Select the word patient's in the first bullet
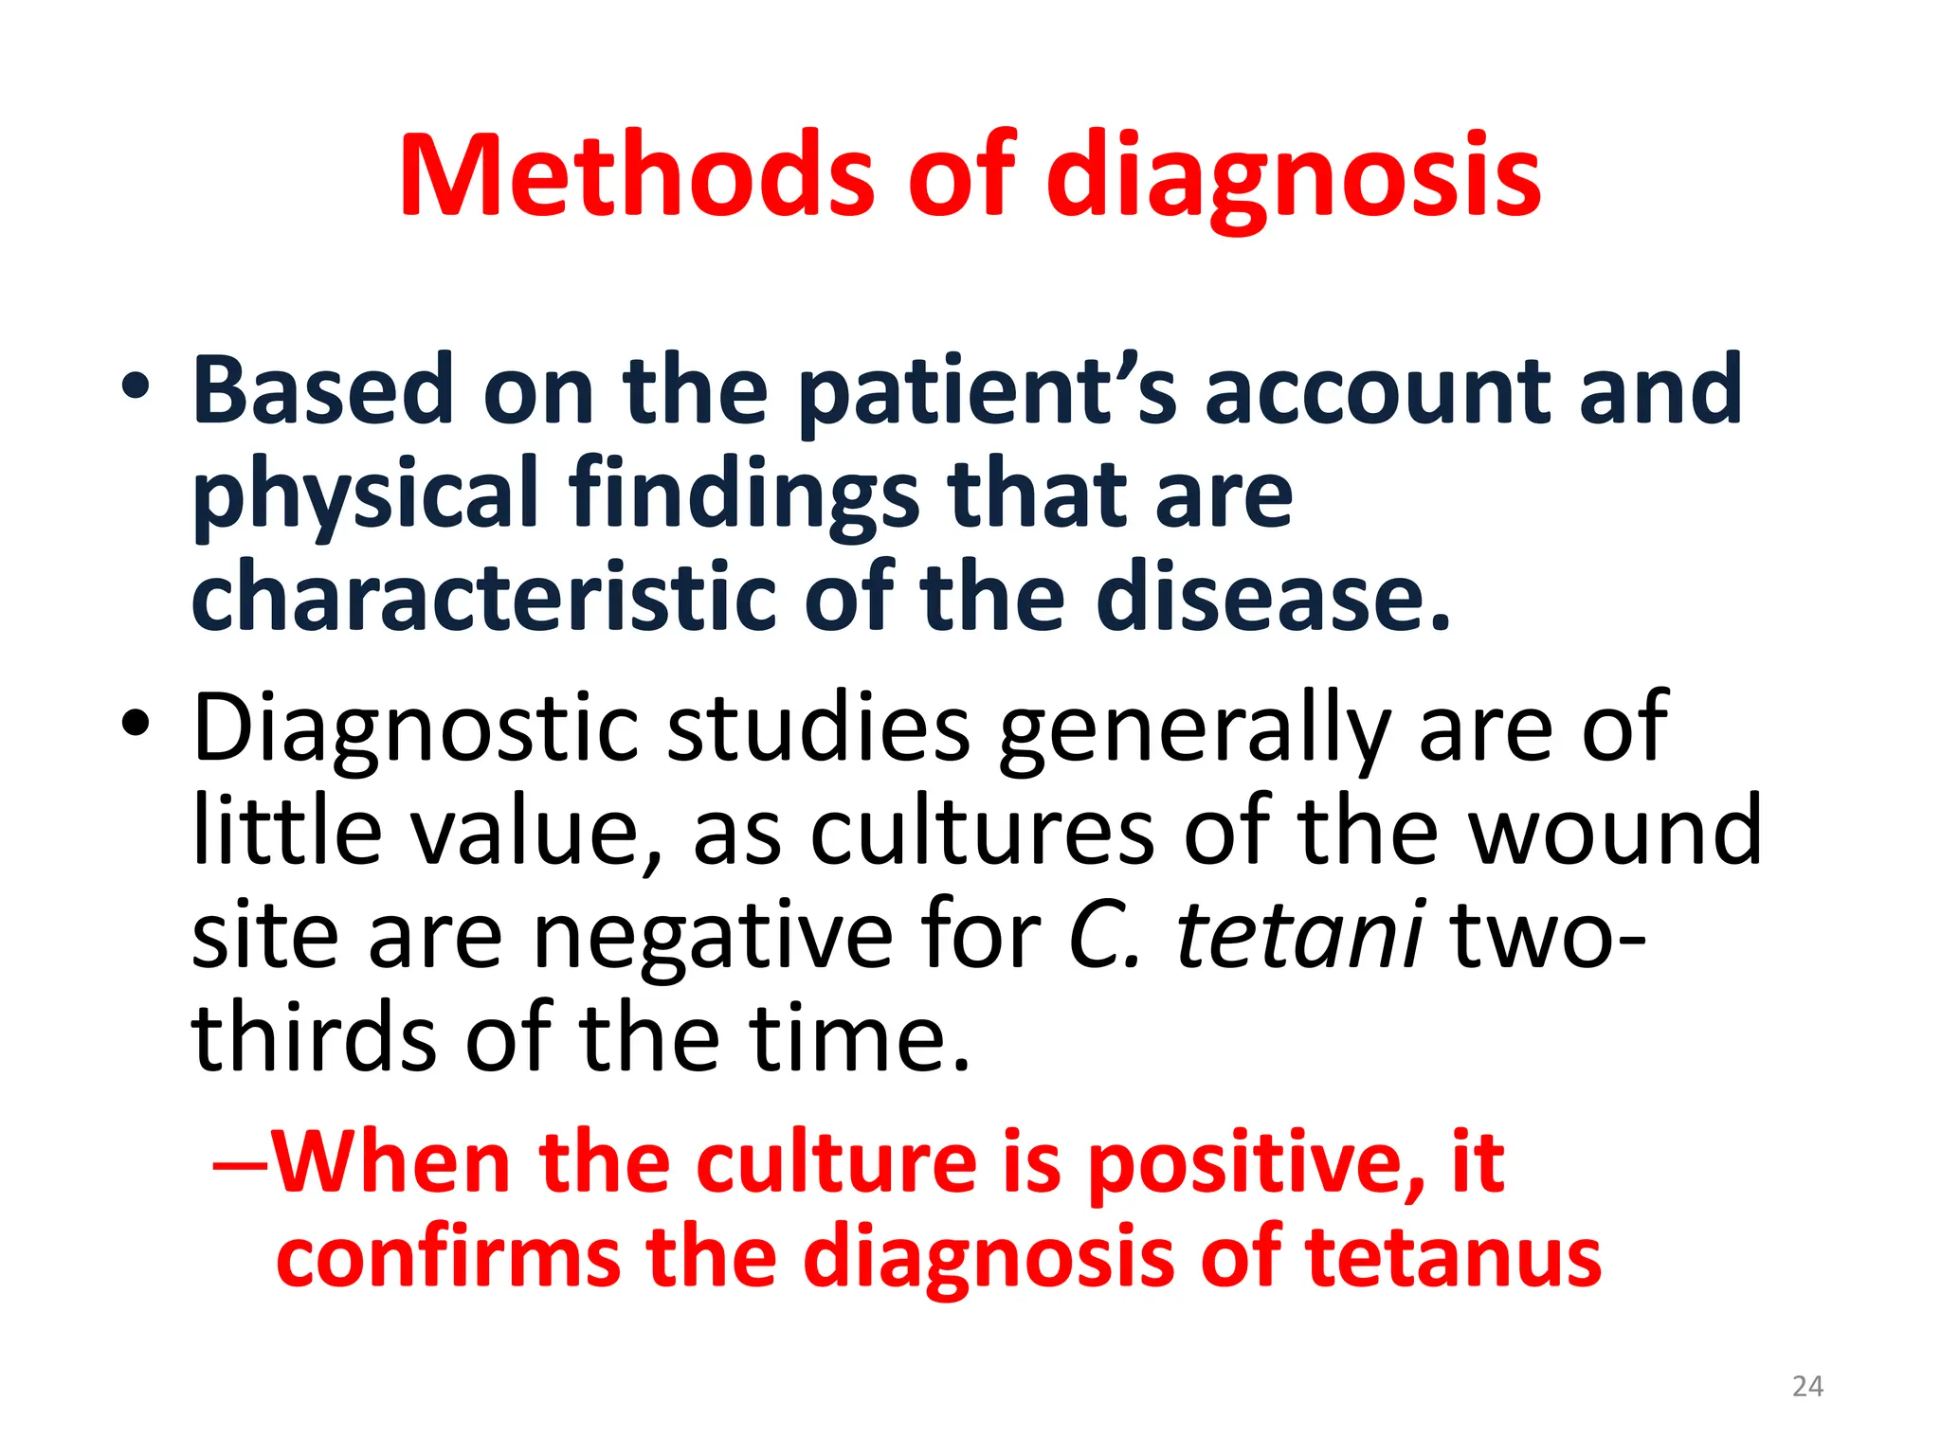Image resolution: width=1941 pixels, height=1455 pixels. (x=987, y=390)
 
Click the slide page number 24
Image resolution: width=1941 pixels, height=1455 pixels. (x=1807, y=1387)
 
